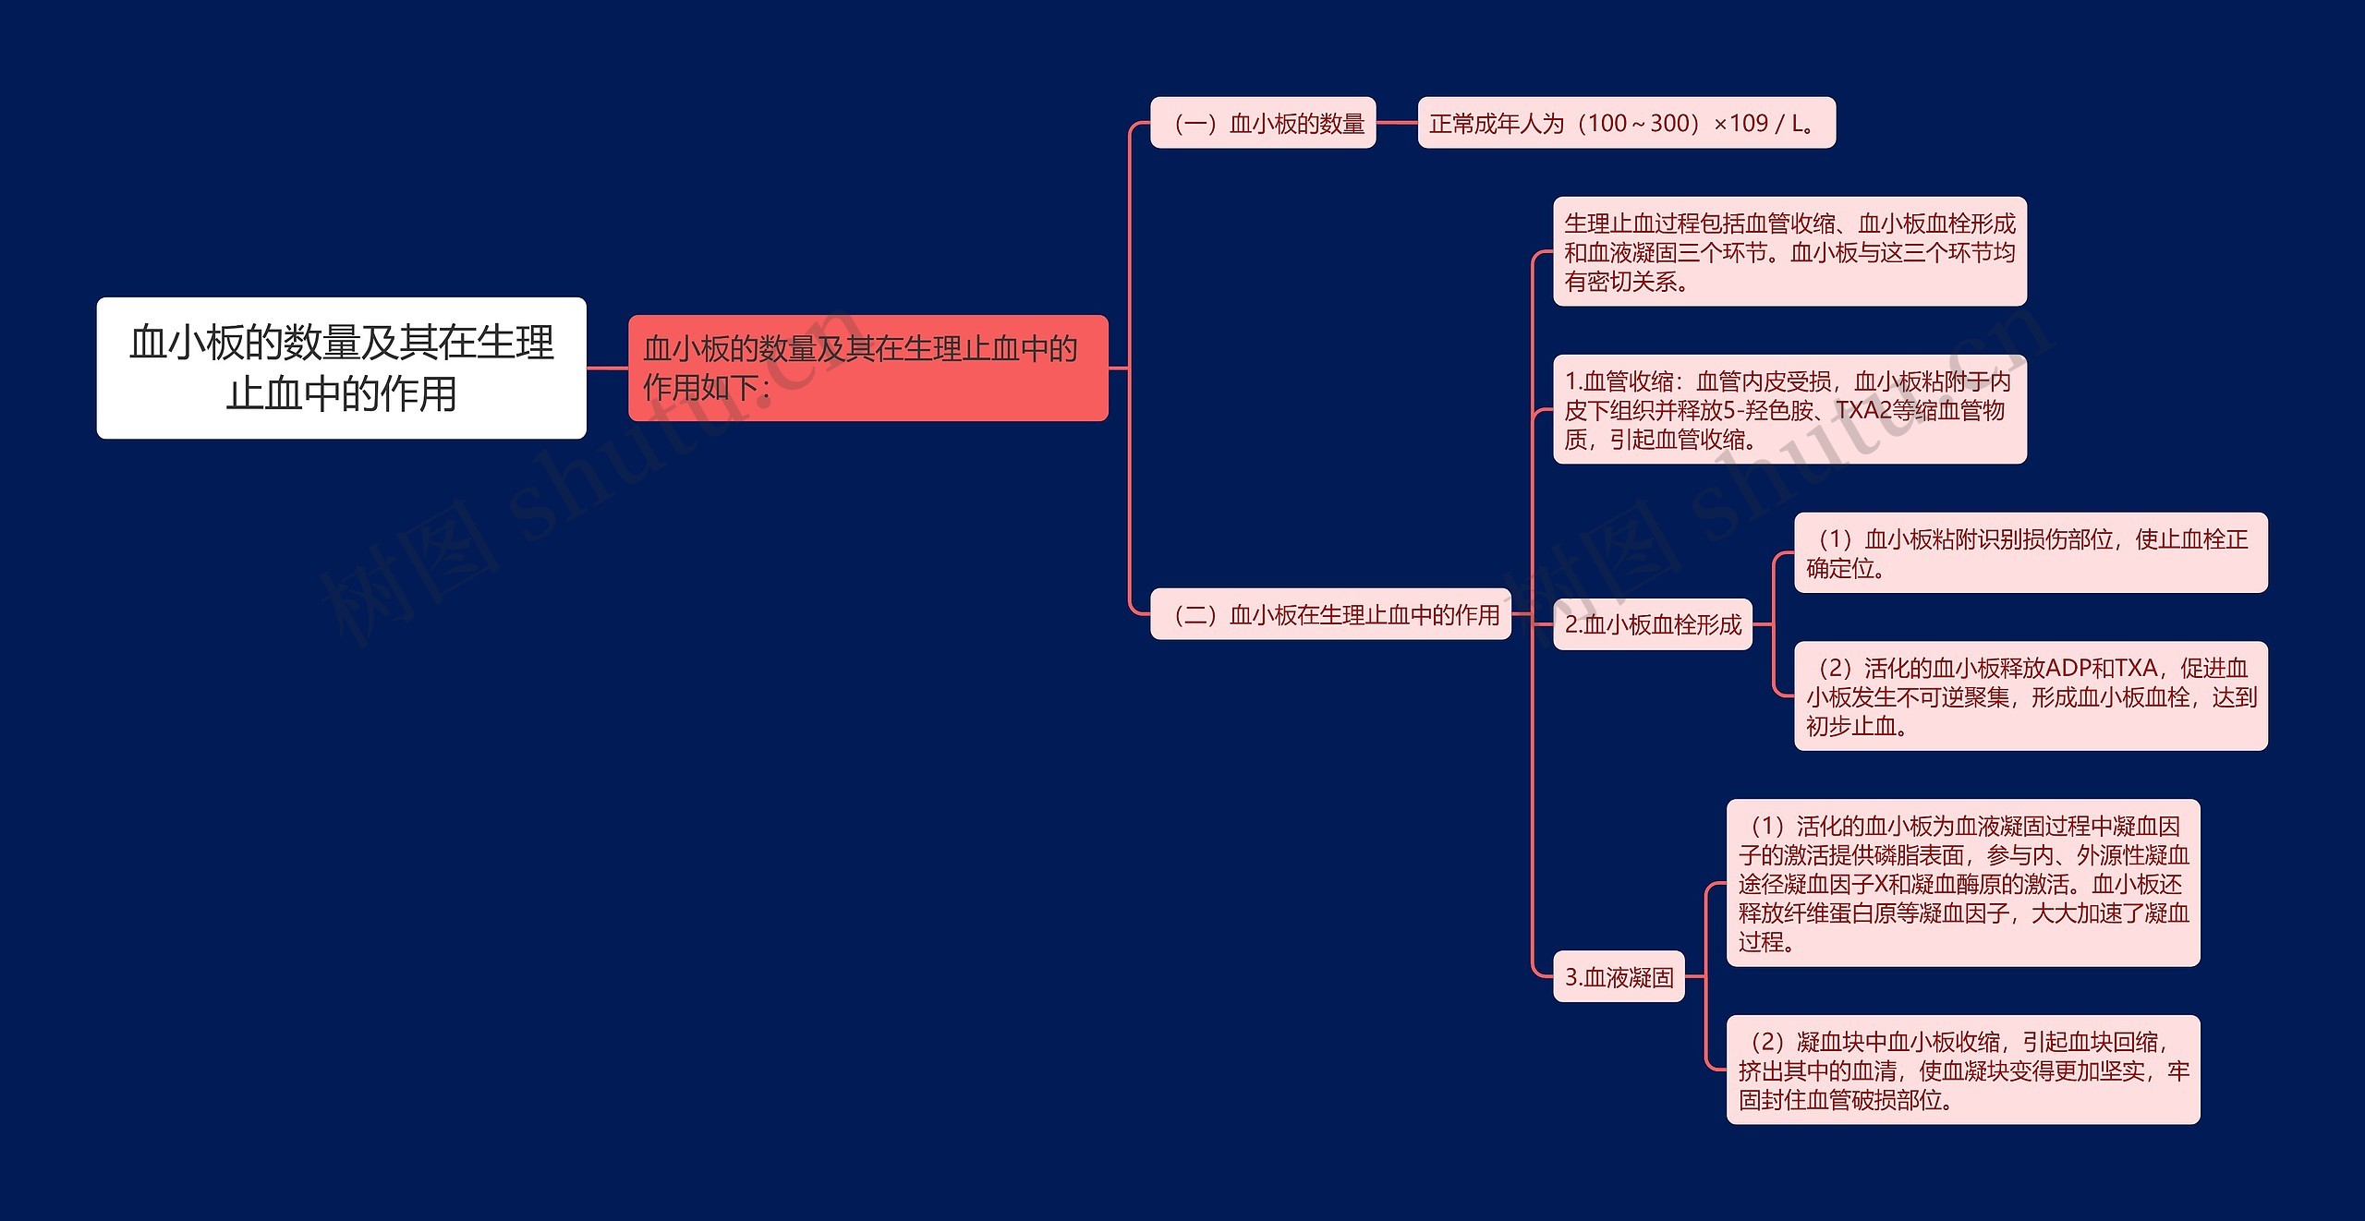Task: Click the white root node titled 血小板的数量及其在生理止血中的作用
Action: point(341,368)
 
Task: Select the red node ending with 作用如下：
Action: point(868,368)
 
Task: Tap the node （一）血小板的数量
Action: point(1263,123)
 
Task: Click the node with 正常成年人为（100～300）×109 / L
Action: point(1627,123)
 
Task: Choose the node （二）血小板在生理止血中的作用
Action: point(1330,614)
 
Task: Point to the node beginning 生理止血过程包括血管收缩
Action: point(1790,251)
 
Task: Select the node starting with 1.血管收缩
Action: point(1790,409)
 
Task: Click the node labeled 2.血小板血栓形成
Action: point(1653,624)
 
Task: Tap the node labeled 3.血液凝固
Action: point(1619,976)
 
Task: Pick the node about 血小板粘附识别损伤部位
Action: point(2031,552)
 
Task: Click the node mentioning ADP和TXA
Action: point(2031,696)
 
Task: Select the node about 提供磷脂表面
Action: point(1963,883)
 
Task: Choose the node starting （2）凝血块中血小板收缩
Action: point(1963,1070)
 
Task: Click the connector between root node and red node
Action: point(608,368)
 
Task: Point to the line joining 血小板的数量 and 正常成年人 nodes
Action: point(1397,123)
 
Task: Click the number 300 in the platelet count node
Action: point(1669,123)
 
